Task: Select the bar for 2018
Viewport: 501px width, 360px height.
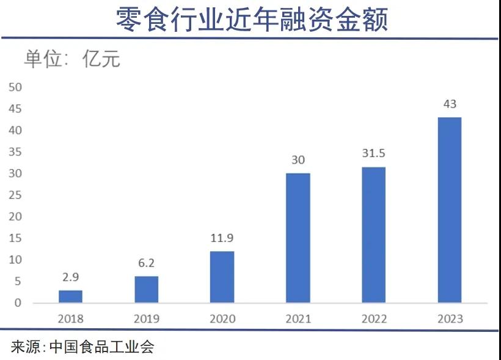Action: click(70, 296)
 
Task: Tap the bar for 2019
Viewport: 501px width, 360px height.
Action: click(146, 290)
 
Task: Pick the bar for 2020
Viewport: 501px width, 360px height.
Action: click(222, 277)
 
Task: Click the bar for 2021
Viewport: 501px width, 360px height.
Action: click(298, 238)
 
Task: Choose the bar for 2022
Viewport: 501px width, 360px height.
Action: click(373, 235)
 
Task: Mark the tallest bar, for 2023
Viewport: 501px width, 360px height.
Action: click(450, 210)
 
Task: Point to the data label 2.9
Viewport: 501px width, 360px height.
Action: click(70, 277)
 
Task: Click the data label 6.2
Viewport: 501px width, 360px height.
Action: click(146, 263)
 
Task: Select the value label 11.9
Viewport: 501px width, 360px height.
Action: click(222, 238)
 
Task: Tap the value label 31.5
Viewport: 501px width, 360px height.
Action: click(373, 153)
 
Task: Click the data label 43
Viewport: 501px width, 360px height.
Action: click(450, 104)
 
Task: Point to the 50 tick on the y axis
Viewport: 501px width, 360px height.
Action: click(15, 87)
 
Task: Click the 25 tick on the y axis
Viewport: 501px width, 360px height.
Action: click(15, 195)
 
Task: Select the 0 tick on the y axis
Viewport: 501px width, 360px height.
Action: click(18, 303)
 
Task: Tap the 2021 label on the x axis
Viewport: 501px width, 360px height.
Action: click(298, 318)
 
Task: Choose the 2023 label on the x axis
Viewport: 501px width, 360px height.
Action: click(450, 318)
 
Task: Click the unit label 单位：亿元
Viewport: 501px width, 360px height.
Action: click(71, 59)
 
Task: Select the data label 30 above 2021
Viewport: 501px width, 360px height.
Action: click(298, 160)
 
